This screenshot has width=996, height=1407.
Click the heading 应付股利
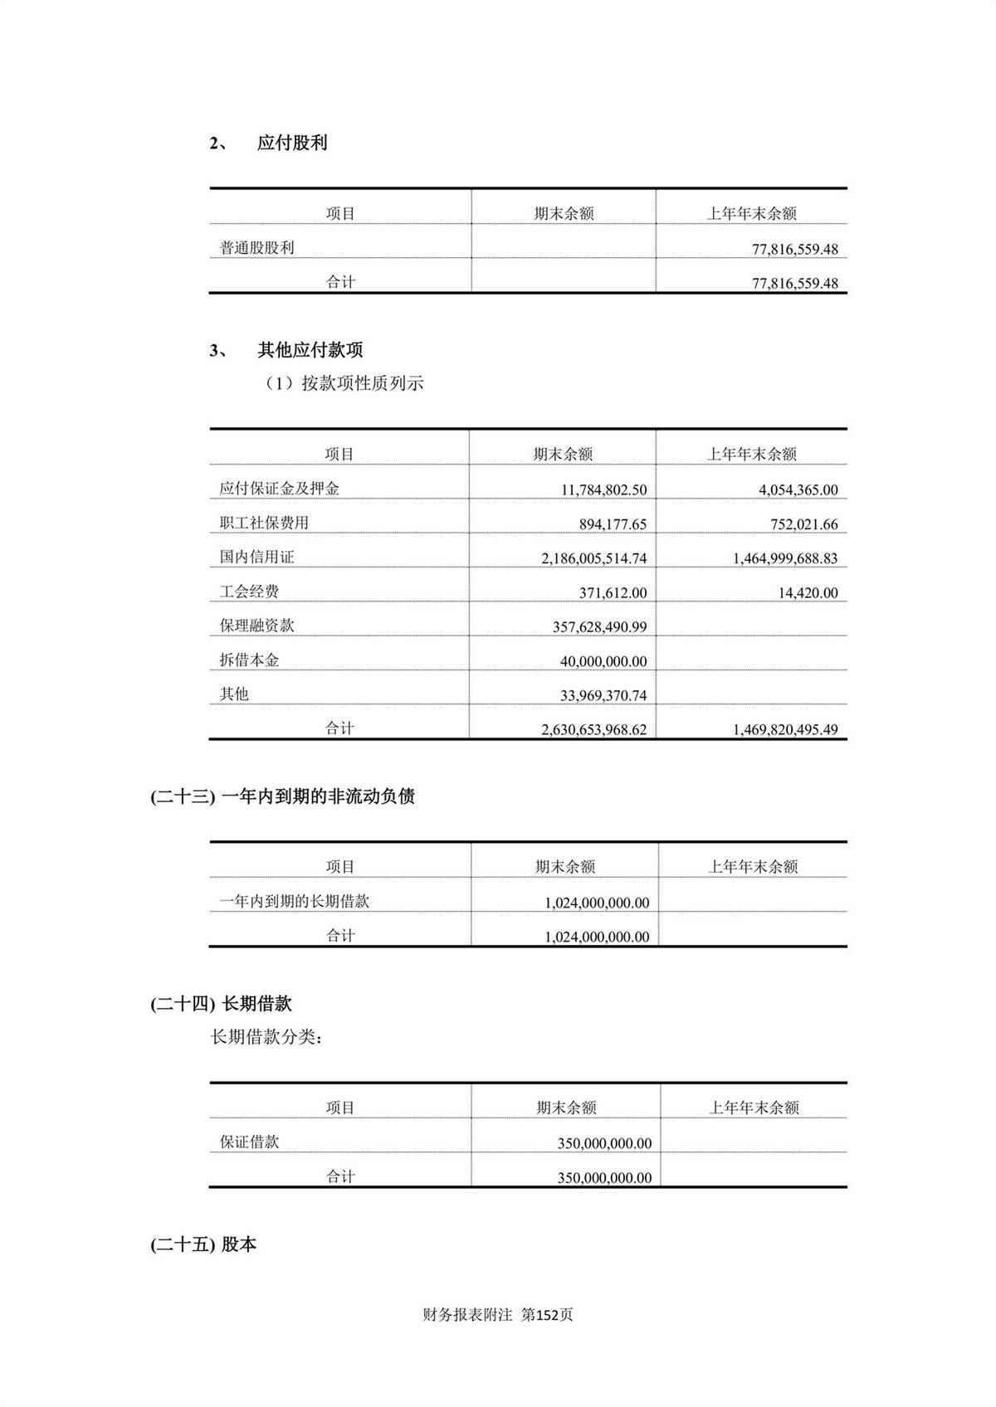click(291, 143)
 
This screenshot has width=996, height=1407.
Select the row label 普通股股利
click(256, 248)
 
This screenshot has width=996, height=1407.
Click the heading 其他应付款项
click(310, 350)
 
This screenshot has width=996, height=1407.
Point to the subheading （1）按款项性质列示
click(344, 383)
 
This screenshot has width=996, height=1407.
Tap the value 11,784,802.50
click(603, 490)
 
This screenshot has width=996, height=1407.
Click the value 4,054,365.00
click(798, 490)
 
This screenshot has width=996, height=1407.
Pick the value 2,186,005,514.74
click(593, 559)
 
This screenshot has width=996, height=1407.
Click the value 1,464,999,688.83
click(784, 559)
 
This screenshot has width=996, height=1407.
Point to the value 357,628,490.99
click(599, 628)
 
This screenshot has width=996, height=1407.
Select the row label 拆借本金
click(249, 660)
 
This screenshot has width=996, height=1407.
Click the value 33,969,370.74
click(603, 696)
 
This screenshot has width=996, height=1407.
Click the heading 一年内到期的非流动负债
click(318, 797)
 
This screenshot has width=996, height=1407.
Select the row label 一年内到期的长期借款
click(294, 902)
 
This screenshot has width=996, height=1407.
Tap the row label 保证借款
click(249, 1142)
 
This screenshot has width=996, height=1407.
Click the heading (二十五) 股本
click(203, 1245)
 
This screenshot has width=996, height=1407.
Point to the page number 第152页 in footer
click(547, 1315)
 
